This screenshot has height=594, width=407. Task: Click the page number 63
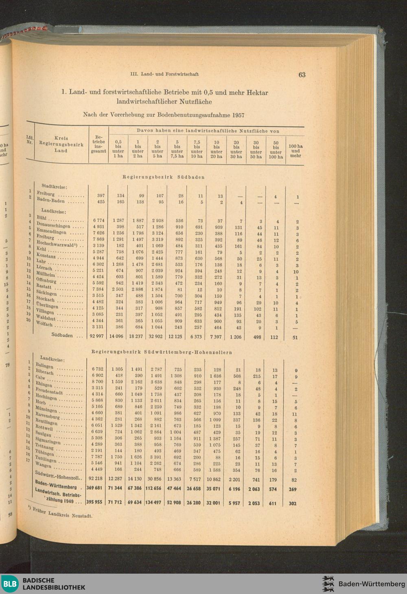click(x=302, y=75)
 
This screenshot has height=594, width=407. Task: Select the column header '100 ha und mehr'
click(x=295, y=151)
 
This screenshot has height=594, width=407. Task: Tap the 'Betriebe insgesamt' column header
click(x=98, y=144)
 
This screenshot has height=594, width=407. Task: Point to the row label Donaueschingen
click(x=53, y=225)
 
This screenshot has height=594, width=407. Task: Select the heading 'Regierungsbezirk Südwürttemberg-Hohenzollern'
click(x=162, y=352)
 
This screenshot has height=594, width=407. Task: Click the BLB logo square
click(x=10, y=584)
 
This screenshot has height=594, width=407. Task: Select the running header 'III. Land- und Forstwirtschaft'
click(x=164, y=75)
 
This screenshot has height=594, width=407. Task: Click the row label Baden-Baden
click(x=51, y=200)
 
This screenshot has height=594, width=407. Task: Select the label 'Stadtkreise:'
click(x=54, y=186)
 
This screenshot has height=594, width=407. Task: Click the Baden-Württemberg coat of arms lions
click(x=328, y=584)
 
